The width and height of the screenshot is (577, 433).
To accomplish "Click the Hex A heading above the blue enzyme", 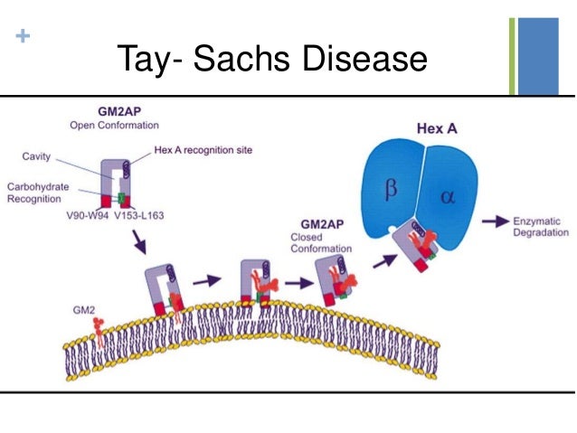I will [x=437, y=129].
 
